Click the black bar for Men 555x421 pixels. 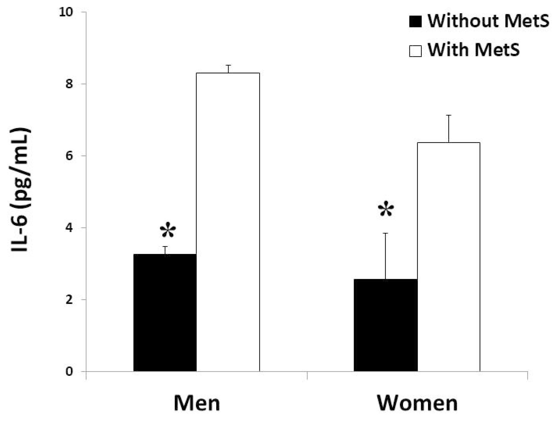pos(165,313)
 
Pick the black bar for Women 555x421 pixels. pos(385,325)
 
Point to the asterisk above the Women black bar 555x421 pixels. pos(386,210)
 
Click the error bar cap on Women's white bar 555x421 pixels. pos(449,115)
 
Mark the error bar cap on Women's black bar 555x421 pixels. pos(385,233)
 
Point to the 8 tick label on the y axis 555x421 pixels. pos(69,84)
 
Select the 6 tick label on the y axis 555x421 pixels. pos(69,156)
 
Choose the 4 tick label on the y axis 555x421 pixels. pos(69,228)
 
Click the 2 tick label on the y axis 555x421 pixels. pos(69,300)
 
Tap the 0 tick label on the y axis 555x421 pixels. pos(69,371)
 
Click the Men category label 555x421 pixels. pos(197,403)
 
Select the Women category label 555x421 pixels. pos(417,403)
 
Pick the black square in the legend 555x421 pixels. pos(415,22)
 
